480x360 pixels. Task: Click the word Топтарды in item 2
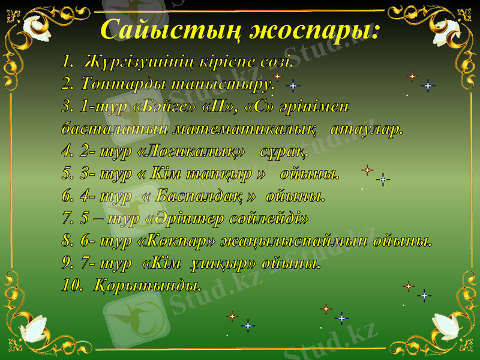114,82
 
